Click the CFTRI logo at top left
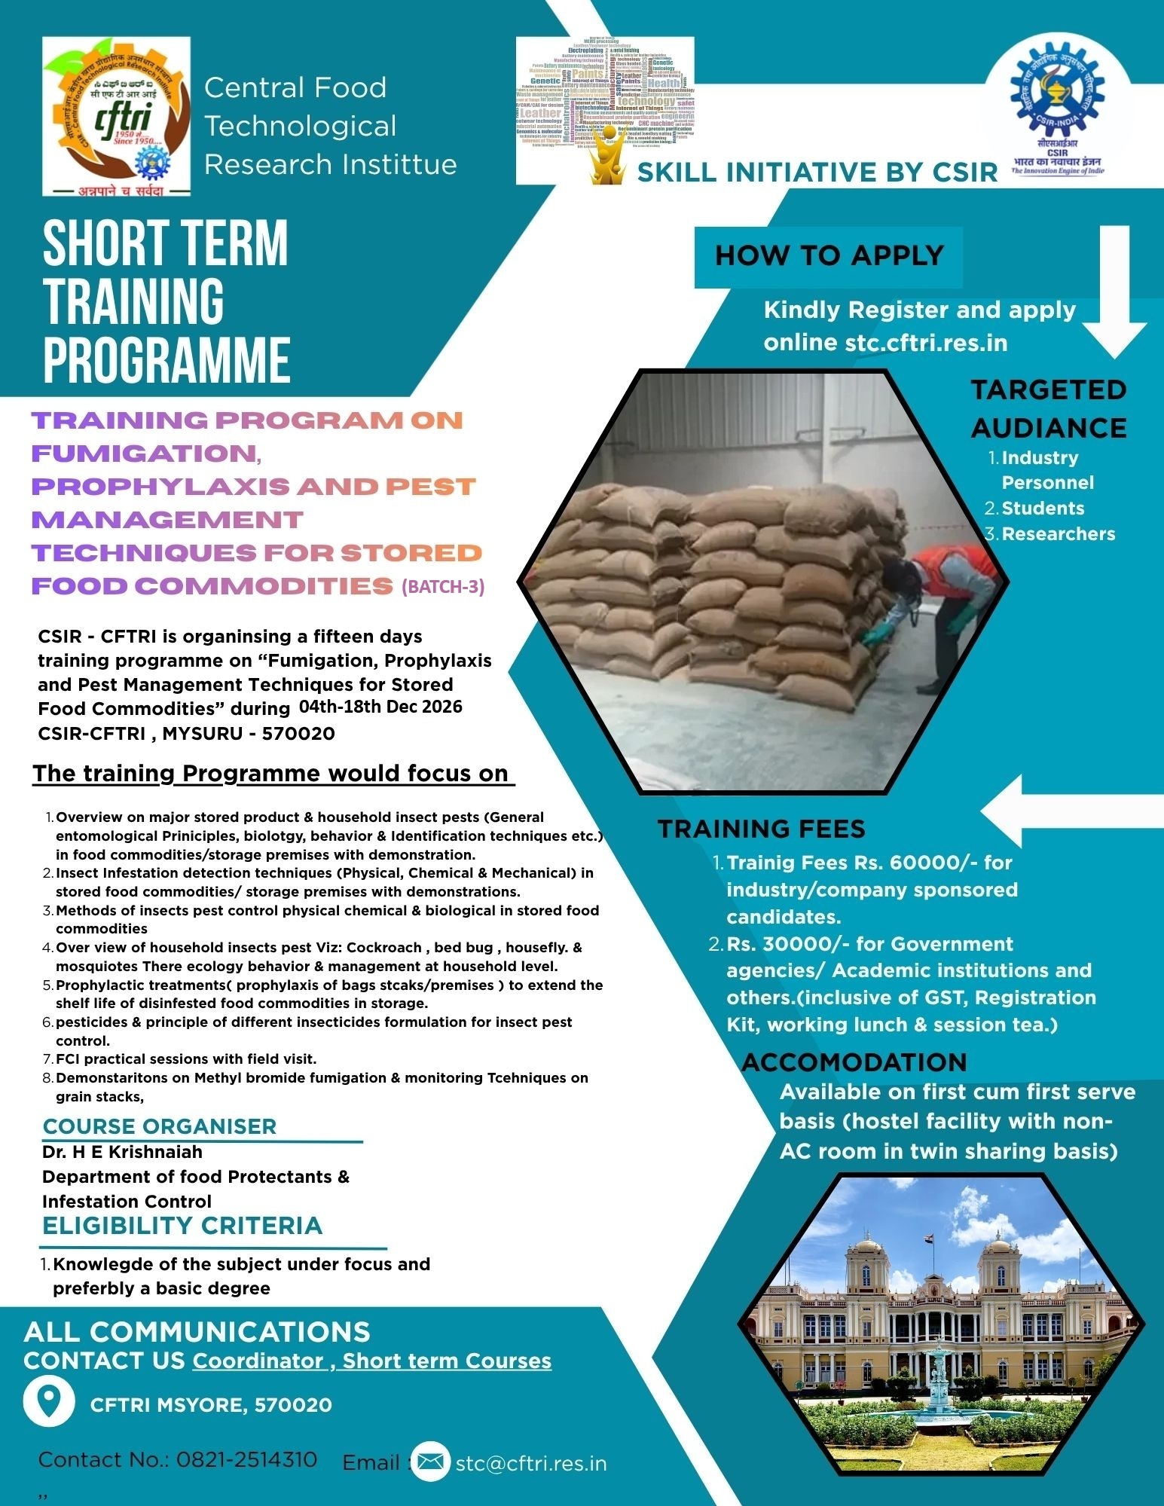point(116,117)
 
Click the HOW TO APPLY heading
point(829,256)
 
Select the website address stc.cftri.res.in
point(926,343)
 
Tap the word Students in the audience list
point(1043,509)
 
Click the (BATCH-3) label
point(443,587)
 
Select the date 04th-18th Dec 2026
point(380,707)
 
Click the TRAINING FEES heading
point(761,829)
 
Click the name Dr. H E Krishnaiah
point(122,1152)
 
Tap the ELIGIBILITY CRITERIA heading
point(182,1226)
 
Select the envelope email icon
point(430,1462)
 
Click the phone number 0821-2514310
point(246,1460)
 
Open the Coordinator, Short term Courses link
point(372,1361)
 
